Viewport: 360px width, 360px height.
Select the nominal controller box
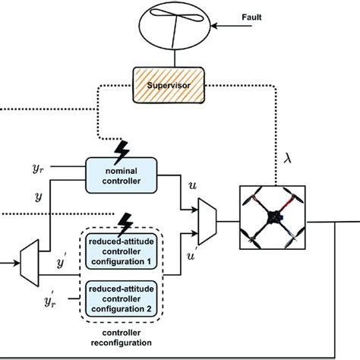120,171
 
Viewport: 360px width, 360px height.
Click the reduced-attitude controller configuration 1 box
121,251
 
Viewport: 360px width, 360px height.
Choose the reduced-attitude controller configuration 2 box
121,298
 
